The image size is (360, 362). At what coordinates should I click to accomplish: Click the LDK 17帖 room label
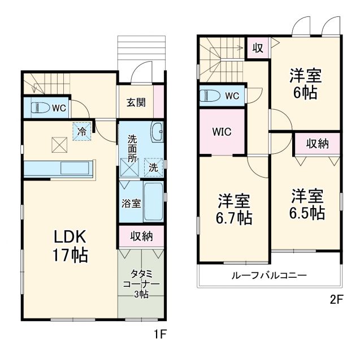[70, 244]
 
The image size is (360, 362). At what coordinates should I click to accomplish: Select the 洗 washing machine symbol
[152, 167]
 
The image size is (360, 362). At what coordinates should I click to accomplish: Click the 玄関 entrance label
[136, 102]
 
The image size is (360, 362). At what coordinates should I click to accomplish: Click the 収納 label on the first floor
[141, 236]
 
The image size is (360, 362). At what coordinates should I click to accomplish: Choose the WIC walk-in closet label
[222, 132]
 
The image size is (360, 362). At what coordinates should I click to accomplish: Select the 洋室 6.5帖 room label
[308, 204]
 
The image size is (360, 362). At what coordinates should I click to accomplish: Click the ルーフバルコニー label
[268, 276]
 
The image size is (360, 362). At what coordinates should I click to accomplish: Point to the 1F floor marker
[161, 334]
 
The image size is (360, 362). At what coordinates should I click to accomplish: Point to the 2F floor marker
[337, 300]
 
